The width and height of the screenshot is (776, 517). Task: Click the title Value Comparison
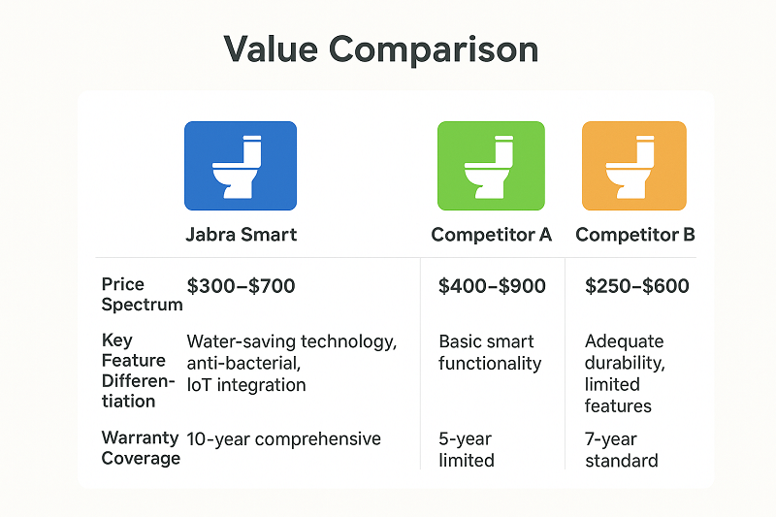(x=381, y=49)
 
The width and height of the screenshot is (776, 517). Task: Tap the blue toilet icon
(x=241, y=166)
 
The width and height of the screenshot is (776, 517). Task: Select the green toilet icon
(x=491, y=166)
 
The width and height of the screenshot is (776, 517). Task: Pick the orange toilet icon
(x=633, y=166)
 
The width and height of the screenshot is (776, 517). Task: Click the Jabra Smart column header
(x=241, y=235)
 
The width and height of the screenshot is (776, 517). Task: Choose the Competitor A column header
(x=491, y=235)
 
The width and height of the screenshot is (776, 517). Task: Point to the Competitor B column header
(x=634, y=235)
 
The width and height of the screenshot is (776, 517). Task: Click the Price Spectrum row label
(x=141, y=294)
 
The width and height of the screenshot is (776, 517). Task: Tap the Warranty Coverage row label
(x=141, y=448)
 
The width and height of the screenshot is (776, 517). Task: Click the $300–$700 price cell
(x=241, y=286)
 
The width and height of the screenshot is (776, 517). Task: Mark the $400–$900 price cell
(x=492, y=286)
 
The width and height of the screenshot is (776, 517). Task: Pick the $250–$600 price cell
(x=637, y=286)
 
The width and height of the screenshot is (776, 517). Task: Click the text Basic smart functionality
(x=490, y=352)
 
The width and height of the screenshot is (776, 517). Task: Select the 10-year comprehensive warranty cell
(x=283, y=438)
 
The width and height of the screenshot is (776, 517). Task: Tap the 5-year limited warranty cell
(x=468, y=449)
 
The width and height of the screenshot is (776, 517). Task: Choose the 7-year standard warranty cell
(x=622, y=449)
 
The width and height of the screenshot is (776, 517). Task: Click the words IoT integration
(x=245, y=385)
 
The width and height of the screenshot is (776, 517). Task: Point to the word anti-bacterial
(x=244, y=363)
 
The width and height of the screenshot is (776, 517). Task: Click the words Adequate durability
(x=625, y=352)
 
